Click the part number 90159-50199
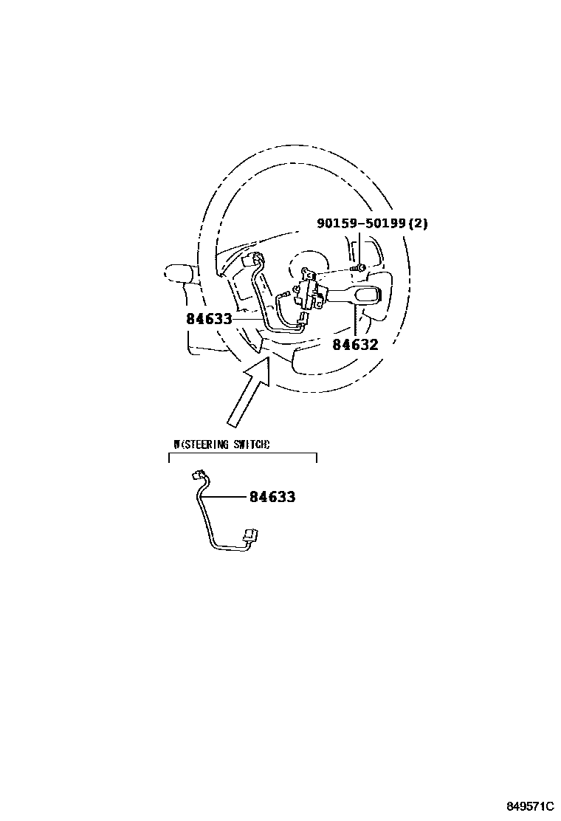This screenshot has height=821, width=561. pyautogui.click(x=361, y=224)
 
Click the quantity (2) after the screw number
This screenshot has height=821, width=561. pyautogui.click(x=417, y=224)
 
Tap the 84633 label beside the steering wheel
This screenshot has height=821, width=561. pyautogui.click(x=209, y=319)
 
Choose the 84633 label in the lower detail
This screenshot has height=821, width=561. pyautogui.click(x=272, y=497)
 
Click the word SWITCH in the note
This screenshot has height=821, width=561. pyautogui.click(x=250, y=444)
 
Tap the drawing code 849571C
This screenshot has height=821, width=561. pyautogui.click(x=531, y=805)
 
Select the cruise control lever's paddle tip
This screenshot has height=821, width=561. pyautogui.click(x=365, y=297)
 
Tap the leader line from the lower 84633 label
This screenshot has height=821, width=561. pyautogui.click(x=225, y=497)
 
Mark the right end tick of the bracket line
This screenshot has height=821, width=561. pyautogui.click(x=317, y=458)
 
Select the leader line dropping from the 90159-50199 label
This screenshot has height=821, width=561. pyautogui.click(x=359, y=247)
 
